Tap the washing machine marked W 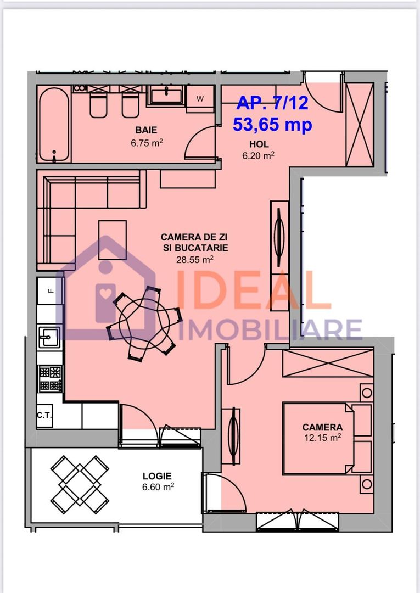(200, 99)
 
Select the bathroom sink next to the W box (166, 95)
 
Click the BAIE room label (147, 130)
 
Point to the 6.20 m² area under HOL (258, 155)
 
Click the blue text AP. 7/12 (272, 103)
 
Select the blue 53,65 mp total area (272, 125)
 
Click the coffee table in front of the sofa (113, 240)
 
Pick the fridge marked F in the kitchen (51, 291)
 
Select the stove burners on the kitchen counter (51, 379)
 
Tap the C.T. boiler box (44, 416)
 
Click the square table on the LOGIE (80, 484)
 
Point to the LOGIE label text (157, 476)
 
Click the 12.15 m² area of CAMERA (323, 438)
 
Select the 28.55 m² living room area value (194, 260)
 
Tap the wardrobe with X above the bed (328, 363)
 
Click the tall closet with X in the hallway (360, 124)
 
